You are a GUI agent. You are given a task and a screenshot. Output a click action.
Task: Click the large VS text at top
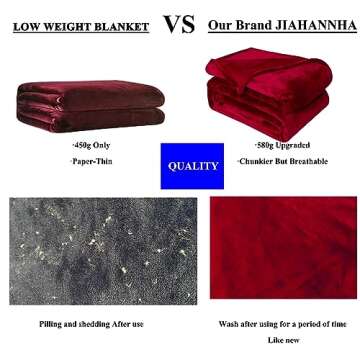coord(179,23)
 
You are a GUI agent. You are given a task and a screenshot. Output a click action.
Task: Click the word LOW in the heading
coord(27,25)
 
